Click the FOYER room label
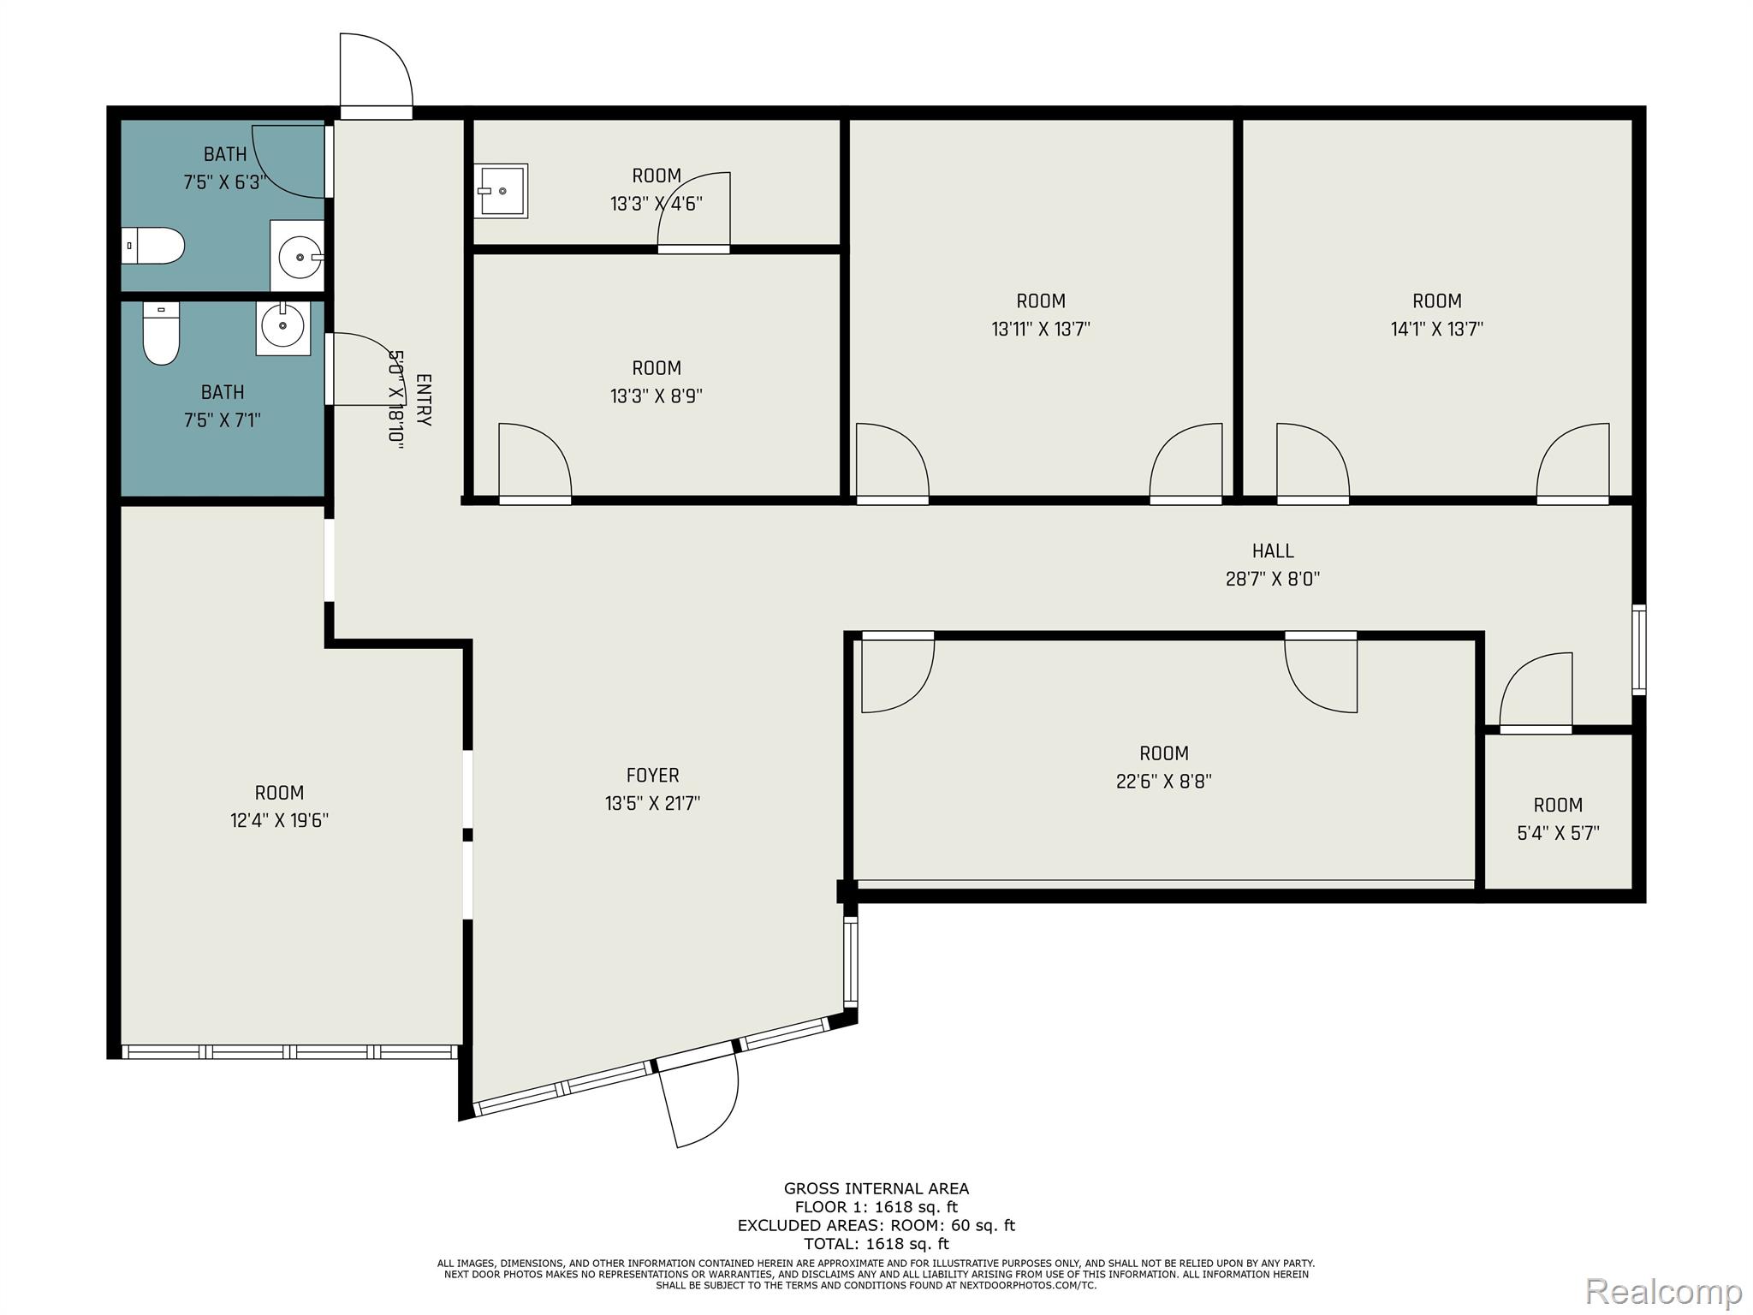[652, 775]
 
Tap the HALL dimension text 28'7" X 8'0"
[1272, 579]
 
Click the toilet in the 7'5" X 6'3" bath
[153, 246]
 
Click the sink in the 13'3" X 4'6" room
[502, 191]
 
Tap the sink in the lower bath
[282, 326]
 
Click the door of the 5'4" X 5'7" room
[1536, 693]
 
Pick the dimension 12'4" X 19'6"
[279, 820]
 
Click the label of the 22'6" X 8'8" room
[1163, 753]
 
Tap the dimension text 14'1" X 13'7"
[1436, 329]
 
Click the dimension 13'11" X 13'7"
[1040, 329]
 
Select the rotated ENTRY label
[423, 400]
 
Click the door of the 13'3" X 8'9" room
[534, 462]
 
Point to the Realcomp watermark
[1663, 1290]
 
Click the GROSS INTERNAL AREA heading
[876, 1188]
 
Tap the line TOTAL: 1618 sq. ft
[876, 1244]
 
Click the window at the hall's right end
[1638, 649]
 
